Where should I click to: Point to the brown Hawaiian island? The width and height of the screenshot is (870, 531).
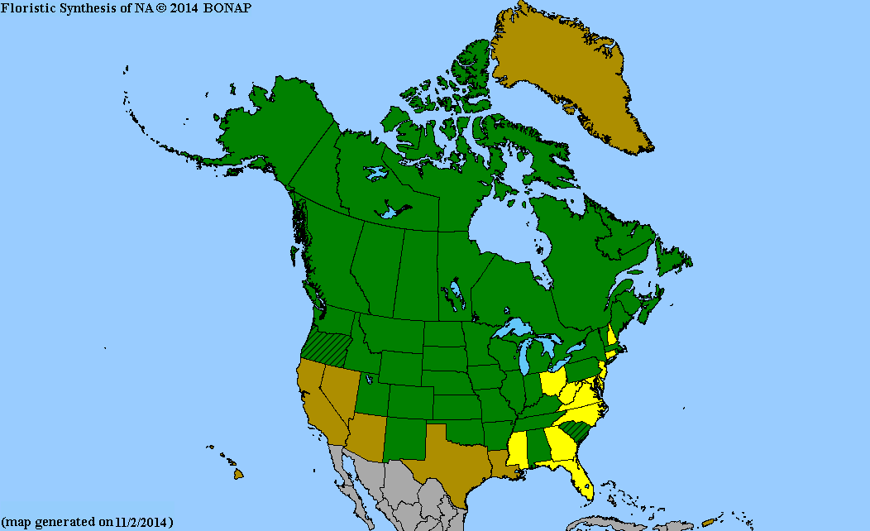(x=238, y=474)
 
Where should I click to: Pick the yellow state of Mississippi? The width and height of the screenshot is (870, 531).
(x=516, y=451)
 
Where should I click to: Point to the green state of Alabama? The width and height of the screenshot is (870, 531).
(x=537, y=447)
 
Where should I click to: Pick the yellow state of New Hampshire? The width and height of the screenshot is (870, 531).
(x=611, y=337)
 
